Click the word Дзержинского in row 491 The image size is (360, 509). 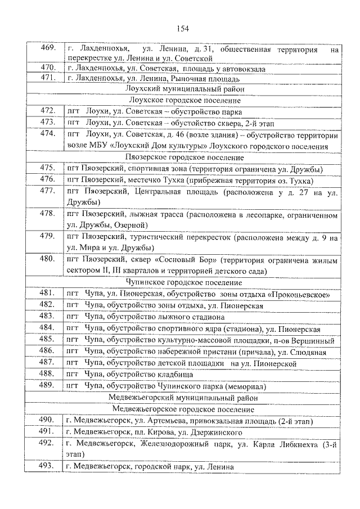click(210, 433)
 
